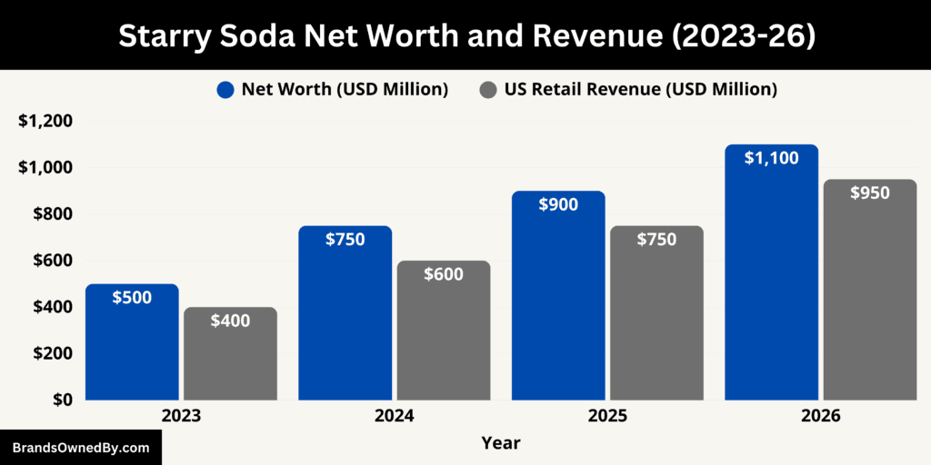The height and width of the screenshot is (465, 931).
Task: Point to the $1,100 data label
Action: point(771,158)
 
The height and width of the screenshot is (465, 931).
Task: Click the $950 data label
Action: point(870,193)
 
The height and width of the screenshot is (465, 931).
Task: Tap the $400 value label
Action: point(230,320)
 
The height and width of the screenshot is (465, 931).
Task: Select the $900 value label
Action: point(558,204)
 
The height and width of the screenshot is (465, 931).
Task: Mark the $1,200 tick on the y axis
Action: point(45,122)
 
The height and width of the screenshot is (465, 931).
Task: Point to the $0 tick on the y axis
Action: point(61,400)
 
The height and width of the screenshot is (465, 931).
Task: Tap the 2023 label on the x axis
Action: point(181,416)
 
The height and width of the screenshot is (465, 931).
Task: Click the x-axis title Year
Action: point(501,443)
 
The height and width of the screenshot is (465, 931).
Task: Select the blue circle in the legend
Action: point(226,89)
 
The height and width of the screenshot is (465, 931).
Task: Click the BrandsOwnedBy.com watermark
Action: point(80,448)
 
